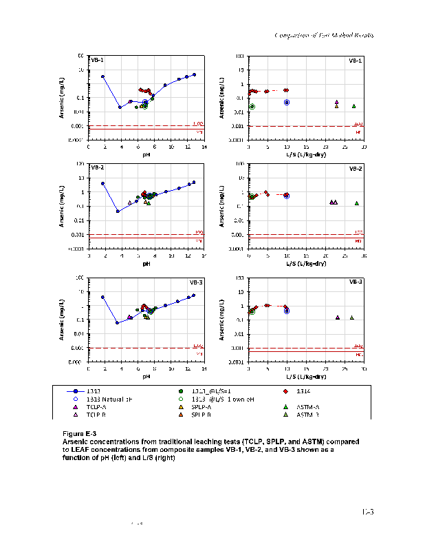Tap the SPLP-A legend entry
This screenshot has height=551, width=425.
(200, 407)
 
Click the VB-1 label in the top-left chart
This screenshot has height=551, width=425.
(97, 61)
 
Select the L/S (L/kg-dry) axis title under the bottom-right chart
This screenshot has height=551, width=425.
(305, 377)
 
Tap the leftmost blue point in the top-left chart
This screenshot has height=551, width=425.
(102, 76)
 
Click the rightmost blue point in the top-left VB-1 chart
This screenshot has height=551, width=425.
(194, 74)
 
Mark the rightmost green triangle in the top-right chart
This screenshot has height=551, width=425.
(353, 106)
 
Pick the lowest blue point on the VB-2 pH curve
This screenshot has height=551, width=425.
(118, 211)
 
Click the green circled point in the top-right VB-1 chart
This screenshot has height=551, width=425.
(252, 106)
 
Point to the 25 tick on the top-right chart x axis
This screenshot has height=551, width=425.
(345, 147)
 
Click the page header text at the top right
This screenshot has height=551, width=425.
(323, 34)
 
